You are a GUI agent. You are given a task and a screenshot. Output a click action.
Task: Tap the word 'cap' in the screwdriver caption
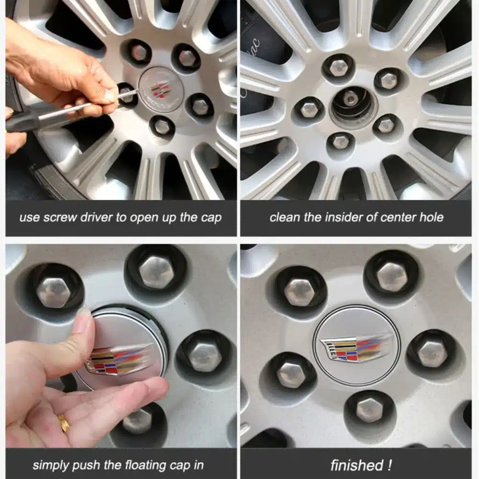pyautogui.click(x=211, y=218)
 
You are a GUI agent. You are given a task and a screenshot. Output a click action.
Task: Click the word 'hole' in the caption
pyautogui.click(x=432, y=217)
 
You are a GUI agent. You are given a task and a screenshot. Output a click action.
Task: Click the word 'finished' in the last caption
pyautogui.click(x=357, y=465)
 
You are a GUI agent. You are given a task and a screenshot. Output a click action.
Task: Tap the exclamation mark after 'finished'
pyautogui.click(x=389, y=465)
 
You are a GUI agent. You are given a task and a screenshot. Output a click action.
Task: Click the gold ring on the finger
pyautogui.click(x=64, y=422)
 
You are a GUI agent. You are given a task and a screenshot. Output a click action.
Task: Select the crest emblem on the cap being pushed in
pyautogui.click(x=118, y=360)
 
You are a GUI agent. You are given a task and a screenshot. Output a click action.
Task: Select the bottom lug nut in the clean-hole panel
pyautogui.click(x=340, y=142)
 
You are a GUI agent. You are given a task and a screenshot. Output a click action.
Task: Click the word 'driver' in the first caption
pyautogui.click(x=97, y=217)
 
